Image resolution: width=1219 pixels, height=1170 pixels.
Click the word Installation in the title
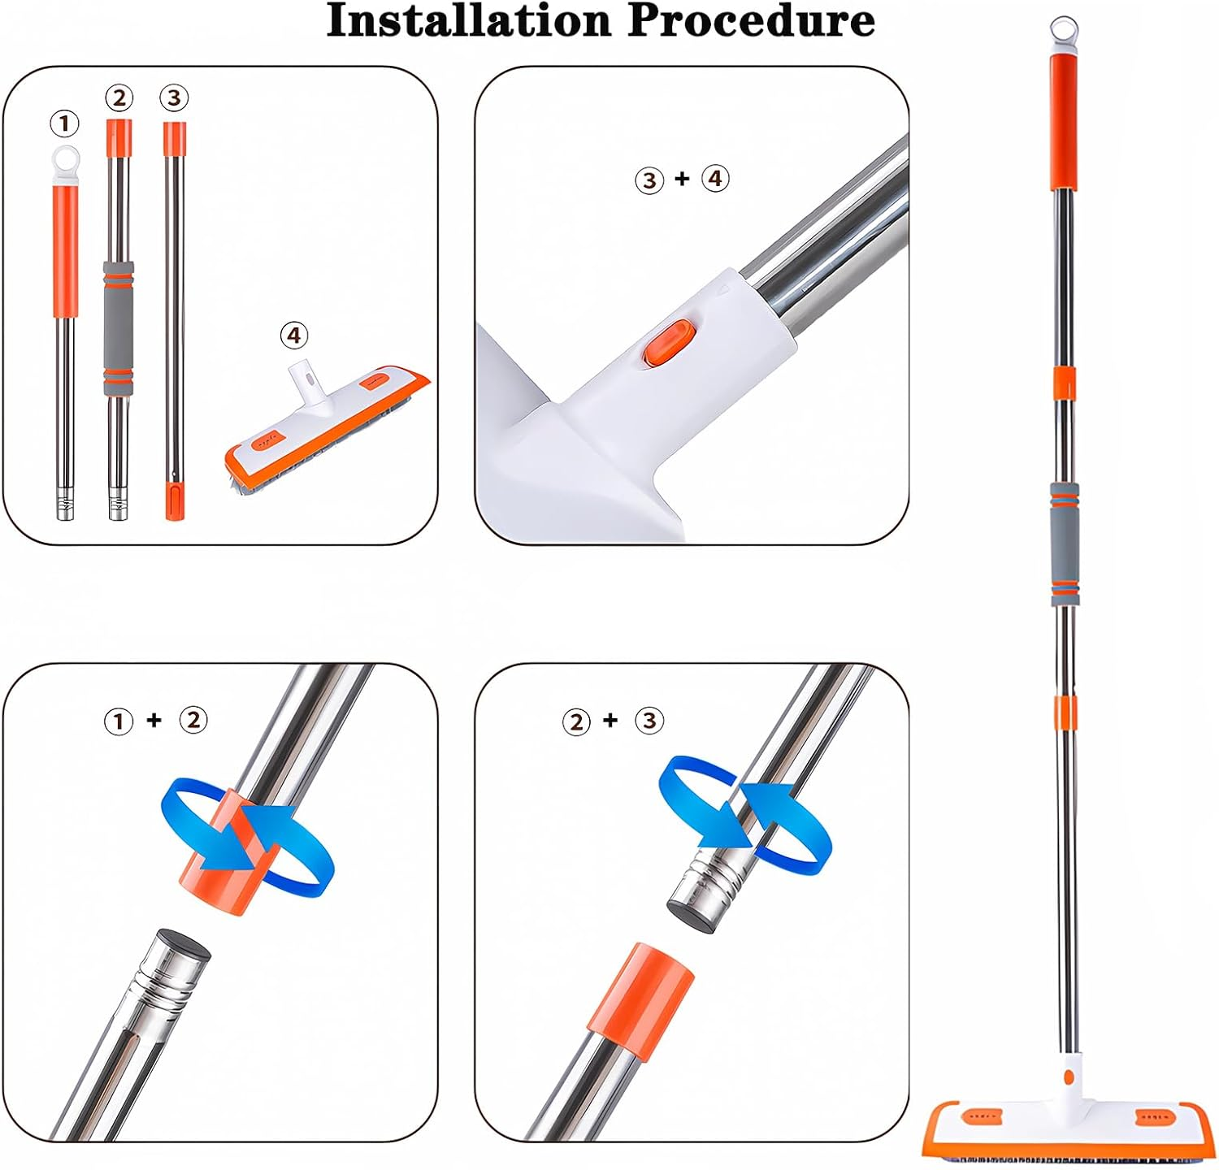click(470, 22)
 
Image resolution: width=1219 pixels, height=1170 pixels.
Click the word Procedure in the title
click(751, 22)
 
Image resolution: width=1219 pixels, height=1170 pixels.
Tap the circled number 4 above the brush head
click(294, 335)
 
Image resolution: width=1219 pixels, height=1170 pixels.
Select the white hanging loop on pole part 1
click(66, 160)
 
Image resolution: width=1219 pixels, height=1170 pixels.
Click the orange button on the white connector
click(665, 341)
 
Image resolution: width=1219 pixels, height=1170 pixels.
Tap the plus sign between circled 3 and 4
click(682, 178)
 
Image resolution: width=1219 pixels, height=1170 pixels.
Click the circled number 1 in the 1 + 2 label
click(119, 721)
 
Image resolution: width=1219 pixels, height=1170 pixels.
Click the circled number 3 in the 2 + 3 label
click(649, 721)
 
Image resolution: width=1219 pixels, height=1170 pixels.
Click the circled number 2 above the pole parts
click(119, 97)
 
